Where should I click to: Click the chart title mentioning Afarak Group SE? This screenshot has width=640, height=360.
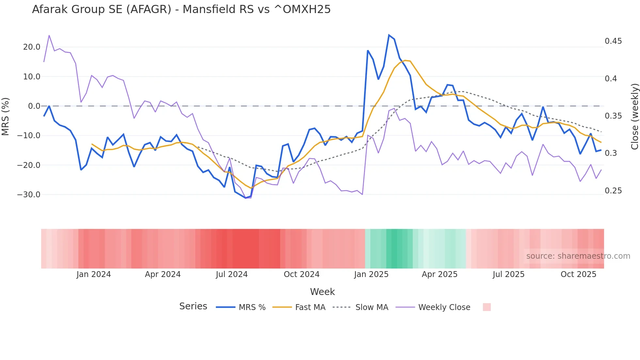click(181, 9)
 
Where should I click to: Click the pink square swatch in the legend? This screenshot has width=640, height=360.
click(487, 307)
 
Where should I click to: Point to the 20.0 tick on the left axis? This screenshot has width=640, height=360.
click(32, 47)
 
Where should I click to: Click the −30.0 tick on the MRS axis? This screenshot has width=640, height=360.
click(29, 195)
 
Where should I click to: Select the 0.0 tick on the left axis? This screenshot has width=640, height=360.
click(34, 106)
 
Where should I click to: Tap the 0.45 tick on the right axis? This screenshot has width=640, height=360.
click(613, 41)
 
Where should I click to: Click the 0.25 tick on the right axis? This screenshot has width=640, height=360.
click(613, 191)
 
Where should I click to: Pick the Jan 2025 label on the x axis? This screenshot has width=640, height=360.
click(371, 274)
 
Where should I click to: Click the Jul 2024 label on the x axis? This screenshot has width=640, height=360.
click(232, 274)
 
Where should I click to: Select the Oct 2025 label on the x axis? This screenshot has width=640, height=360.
click(578, 274)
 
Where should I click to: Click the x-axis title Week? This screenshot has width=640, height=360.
click(322, 292)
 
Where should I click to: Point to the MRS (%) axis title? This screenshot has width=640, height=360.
click(6, 116)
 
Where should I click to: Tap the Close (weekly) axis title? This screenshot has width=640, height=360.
click(634, 117)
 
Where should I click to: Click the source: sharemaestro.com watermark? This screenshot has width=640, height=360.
click(578, 256)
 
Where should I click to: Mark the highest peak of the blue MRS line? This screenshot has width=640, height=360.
click(389, 35)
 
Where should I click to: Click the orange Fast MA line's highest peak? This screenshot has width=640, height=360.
click(405, 60)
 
